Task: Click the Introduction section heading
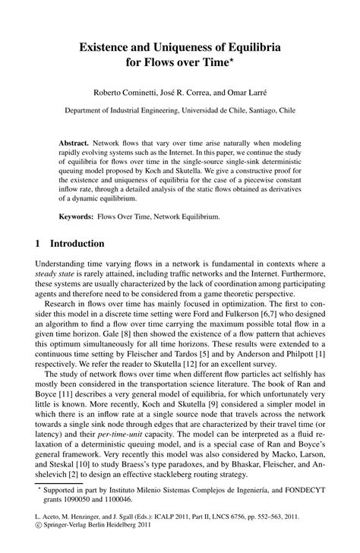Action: pos(77,245)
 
